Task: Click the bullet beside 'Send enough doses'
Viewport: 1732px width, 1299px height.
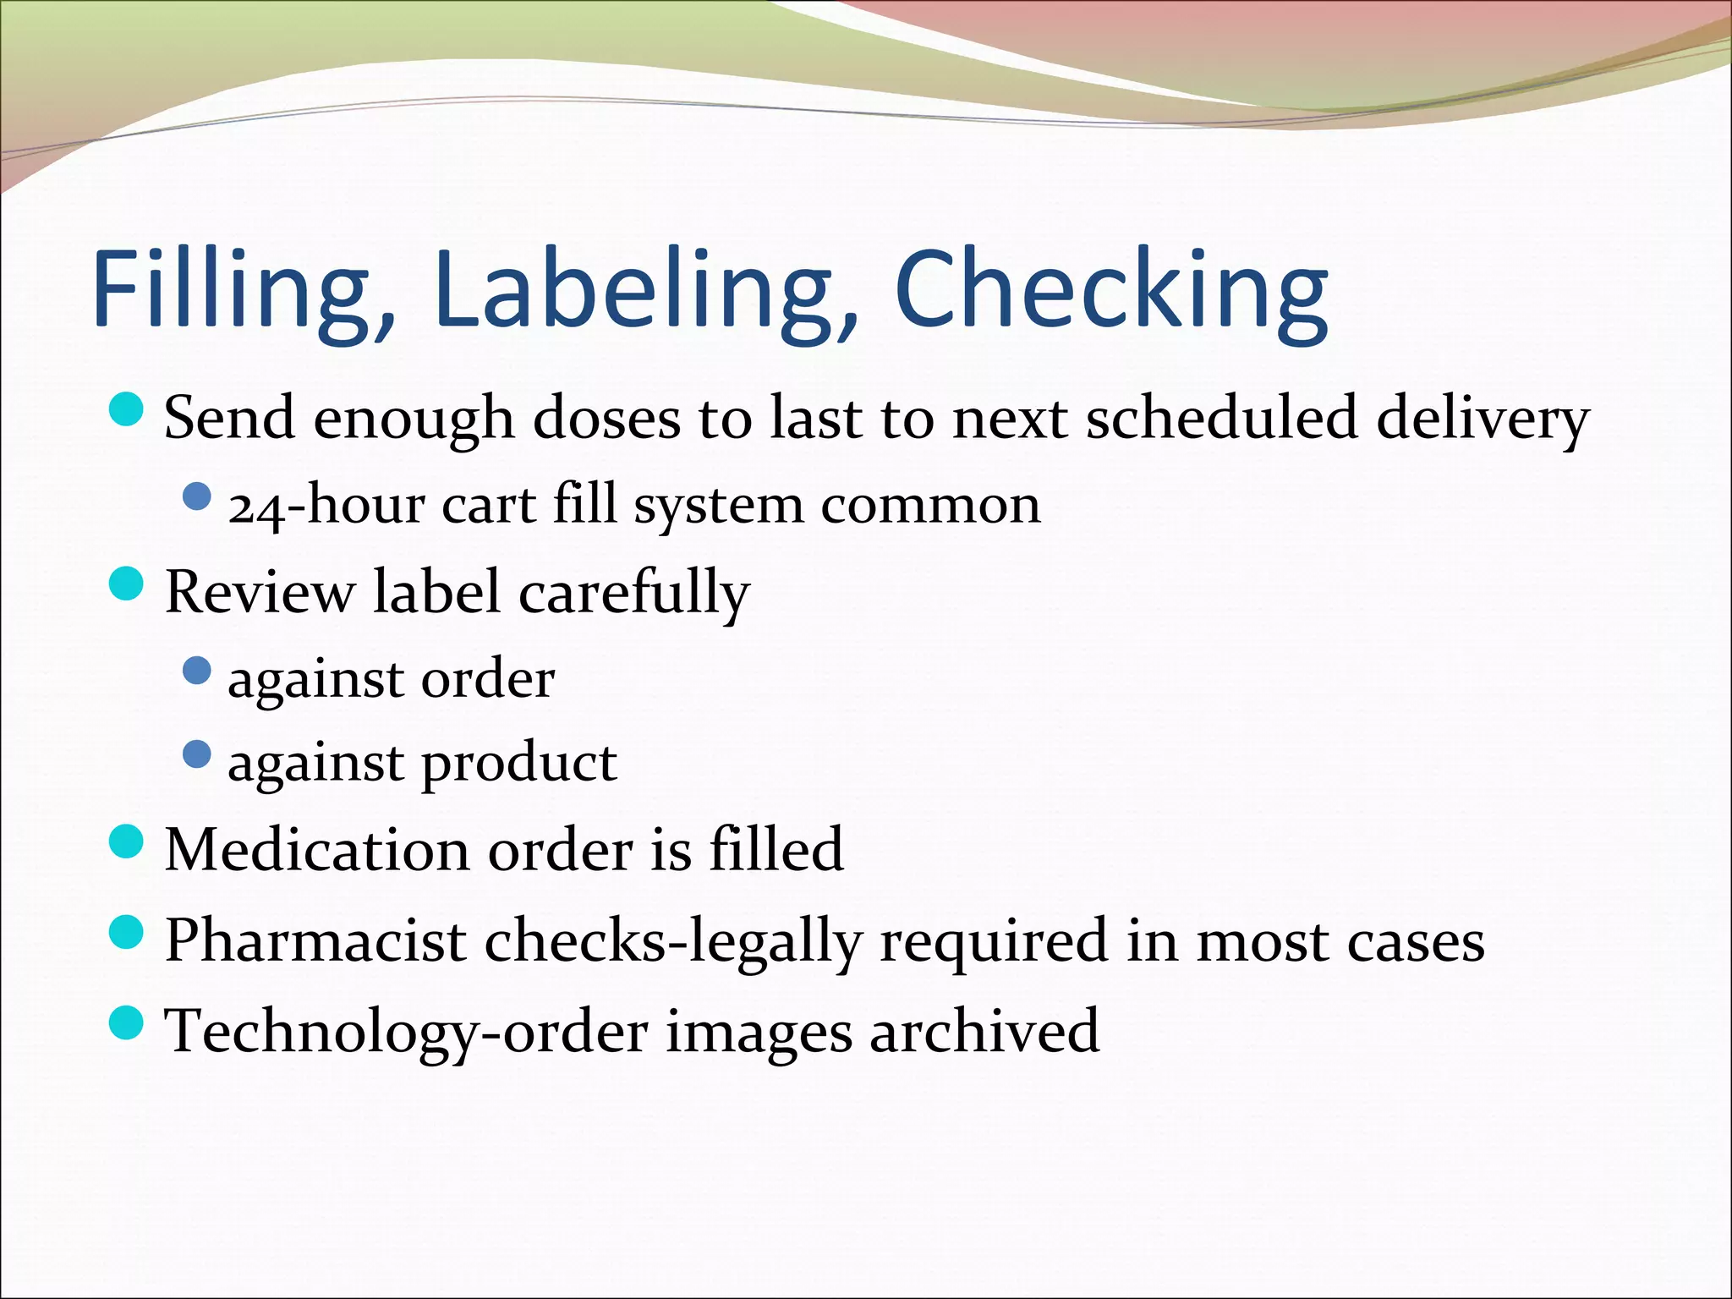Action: click(127, 408)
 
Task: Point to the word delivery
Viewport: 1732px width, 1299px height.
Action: click(1483, 418)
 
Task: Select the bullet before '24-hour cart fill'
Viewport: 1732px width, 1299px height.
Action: click(196, 496)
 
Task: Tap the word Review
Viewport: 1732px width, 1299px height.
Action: click(260, 591)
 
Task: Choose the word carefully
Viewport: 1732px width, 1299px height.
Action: click(634, 592)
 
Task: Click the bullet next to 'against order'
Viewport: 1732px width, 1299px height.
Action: click(196, 671)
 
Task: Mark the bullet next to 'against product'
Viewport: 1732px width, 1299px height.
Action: click(196, 754)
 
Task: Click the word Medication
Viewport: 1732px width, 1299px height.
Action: click(316, 849)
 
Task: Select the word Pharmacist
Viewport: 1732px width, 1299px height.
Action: click(315, 940)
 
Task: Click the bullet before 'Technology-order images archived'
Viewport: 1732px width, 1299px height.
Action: click(127, 1022)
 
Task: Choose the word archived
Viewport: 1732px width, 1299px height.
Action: click(984, 1031)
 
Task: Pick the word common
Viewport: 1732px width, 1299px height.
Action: click(930, 506)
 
